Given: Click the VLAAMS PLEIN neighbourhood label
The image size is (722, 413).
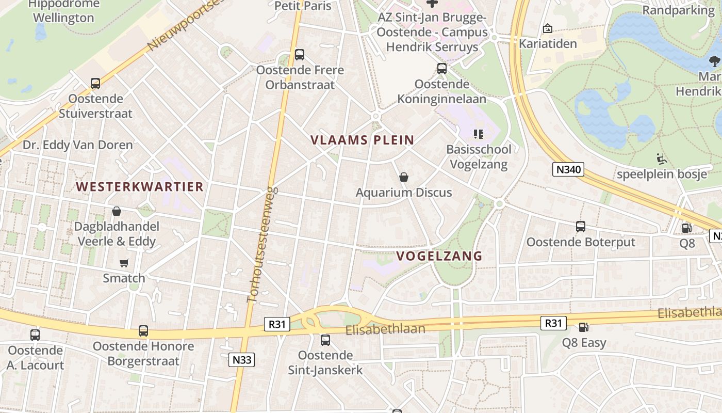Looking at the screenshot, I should tap(363, 140).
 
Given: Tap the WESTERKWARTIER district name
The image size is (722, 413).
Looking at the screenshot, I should tap(140, 187).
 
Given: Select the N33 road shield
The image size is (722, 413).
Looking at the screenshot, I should tap(241, 359).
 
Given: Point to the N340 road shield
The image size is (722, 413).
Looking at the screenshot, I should tap(568, 169).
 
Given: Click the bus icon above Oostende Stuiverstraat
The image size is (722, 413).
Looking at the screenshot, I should tap(95, 84).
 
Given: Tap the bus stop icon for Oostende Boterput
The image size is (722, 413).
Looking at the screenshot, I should tap(581, 227).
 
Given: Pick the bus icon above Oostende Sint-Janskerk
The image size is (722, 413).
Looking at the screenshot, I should tap(325, 340).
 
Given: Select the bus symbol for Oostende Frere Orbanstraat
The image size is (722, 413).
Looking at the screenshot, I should tap(300, 55).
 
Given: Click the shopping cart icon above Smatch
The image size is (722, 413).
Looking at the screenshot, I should tap(124, 263).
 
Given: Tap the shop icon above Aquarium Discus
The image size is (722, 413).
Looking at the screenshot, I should tap(404, 178).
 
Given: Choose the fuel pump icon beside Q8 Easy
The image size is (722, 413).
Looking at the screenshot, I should tap(584, 327).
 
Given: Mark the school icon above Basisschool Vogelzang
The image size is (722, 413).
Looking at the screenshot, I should tap(479, 135).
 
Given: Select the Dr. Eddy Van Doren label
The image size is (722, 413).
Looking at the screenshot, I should tap(77, 145).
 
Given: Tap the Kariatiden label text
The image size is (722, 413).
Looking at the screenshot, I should tap(548, 43).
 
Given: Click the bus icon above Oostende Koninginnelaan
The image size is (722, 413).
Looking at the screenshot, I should tap(442, 69).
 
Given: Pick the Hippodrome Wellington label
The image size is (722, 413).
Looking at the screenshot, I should tap(63, 11).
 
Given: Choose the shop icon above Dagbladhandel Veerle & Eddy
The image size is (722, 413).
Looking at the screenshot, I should tap(117, 212).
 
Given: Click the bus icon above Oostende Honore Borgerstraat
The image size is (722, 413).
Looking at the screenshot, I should tap(143, 331).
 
